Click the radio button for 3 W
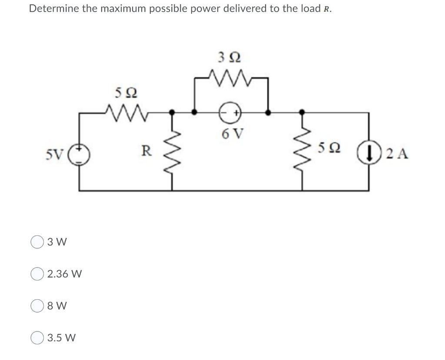(x=37, y=242)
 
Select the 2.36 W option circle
(x=37, y=274)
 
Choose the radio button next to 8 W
(x=37, y=306)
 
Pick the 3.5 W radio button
(x=37, y=337)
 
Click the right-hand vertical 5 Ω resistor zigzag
(x=303, y=152)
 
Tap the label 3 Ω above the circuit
(x=229, y=57)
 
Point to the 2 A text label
(x=396, y=154)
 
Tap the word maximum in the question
(x=123, y=9)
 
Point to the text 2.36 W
(x=64, y=274)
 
